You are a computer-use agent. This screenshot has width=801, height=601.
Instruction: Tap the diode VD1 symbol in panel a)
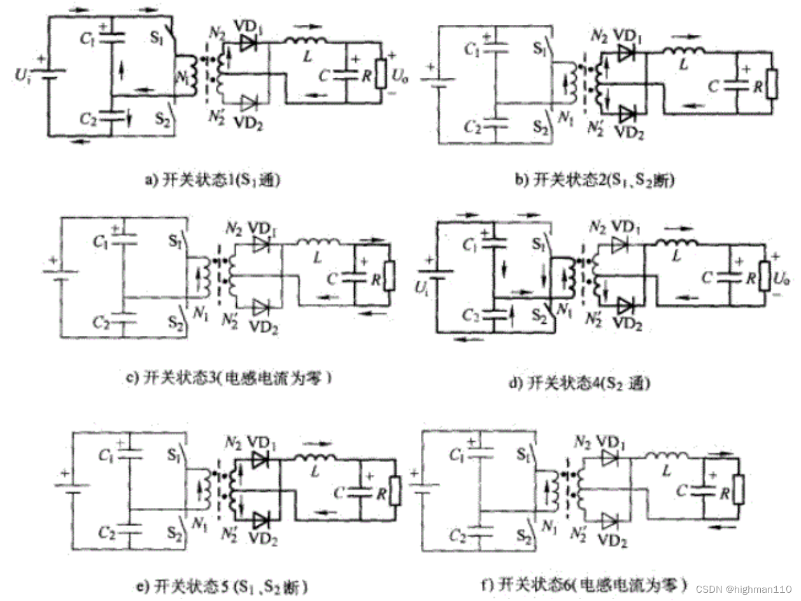(249, 43)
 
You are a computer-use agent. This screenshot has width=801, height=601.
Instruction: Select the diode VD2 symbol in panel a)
(249, 102)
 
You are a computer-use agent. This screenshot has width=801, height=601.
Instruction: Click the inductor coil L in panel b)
(684, 50)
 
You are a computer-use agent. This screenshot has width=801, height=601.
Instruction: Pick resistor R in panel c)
(390, 275)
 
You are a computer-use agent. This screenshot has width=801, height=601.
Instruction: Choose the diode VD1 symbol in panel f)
(609, 456)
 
